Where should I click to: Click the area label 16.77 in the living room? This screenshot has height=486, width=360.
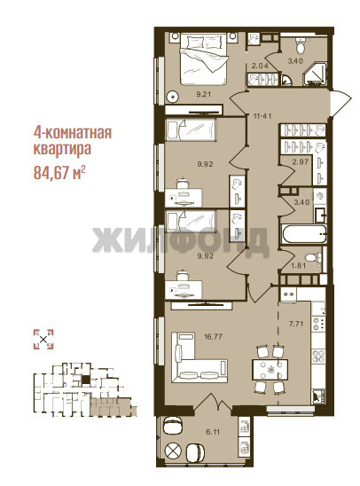pyautogui.click(x=214, y=336)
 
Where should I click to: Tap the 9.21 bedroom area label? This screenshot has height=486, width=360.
pyautogui.click(x=204, y=94)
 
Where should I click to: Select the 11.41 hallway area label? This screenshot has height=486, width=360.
pyautogui.click(x=262, y=116)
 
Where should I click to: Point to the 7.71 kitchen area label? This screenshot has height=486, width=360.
pyautogui.click(x=296, y=324)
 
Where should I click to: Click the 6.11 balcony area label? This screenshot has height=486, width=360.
pyautogui.click(x=213, y=431)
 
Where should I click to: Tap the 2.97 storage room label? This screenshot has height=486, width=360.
pyautogui.click(x=301, y=161)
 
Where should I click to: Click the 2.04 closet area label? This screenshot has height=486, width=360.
pyautogui.click(x=260, y=66)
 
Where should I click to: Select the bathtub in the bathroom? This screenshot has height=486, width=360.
pyautogui.click(x=304, y=234)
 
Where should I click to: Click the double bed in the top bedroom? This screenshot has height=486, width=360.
pyautogui.click(x=204, y=59)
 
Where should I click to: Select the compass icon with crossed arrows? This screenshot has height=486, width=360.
pyautogui.click(x=43, y=340)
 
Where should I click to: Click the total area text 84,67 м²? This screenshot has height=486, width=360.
pyautogui.click(x=59, y=172)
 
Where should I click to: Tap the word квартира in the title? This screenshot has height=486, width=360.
pyautogui.click(x=62, y=149)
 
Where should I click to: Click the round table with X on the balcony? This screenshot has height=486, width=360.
pyautogui.click(x=173, y=450)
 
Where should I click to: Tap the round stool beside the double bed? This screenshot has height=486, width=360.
pyautogui.click(x=172, y=98)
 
